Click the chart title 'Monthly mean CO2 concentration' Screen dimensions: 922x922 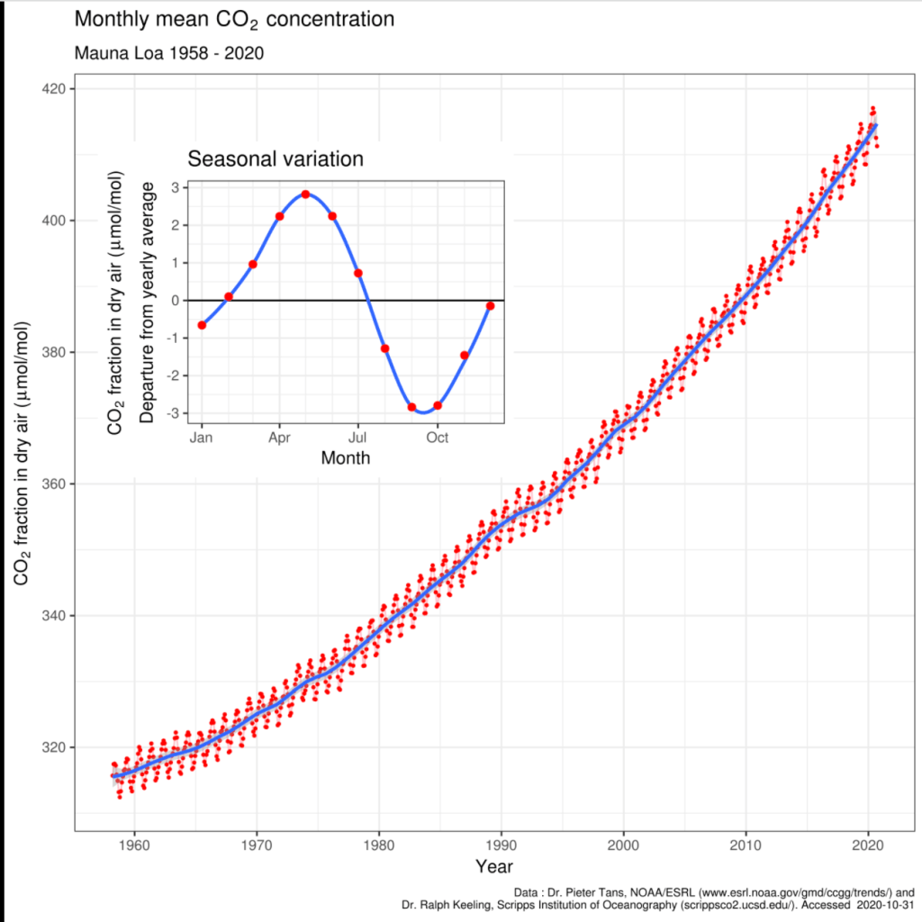click(x=234, y=19)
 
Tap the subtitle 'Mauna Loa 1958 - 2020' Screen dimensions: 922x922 click(x=168, y=53)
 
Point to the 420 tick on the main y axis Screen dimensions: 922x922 click(x=55, y=88)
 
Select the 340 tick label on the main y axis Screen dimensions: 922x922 click(x=55, y=616)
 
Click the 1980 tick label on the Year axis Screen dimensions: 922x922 click(x=378, y=846)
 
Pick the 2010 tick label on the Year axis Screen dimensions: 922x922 click(x=746, y=846)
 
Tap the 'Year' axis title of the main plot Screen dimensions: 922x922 click(x=494, y=867)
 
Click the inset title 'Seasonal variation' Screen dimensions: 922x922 click(x=275, y=159)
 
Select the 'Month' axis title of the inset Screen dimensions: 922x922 click(x=346, y=458)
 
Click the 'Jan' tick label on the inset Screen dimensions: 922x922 click(x=202, y=438)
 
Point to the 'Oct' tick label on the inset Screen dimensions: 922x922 click(x=438, y=438)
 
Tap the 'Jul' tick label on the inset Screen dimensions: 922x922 click(x=358, y=438)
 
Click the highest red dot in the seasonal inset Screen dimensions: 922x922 click(x=306, y=194)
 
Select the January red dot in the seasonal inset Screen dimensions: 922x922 click(x=202, y=325)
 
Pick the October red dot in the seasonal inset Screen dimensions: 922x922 click(x=438, y=406)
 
